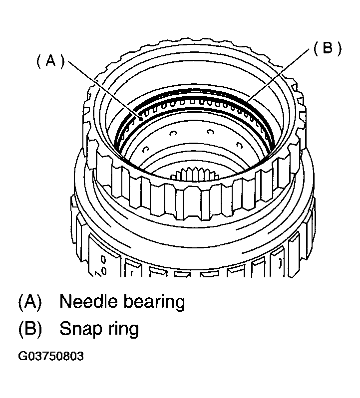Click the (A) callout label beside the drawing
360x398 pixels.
51,61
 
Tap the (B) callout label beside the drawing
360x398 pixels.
327,48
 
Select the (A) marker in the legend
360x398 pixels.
30,302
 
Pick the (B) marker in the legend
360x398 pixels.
30,329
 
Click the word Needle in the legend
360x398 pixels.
87,301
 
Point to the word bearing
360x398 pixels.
154,302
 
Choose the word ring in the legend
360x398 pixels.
123,329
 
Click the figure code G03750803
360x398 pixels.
51,356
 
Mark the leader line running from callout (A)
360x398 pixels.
104,90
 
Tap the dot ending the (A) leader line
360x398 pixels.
140,118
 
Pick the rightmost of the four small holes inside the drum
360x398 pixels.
239,146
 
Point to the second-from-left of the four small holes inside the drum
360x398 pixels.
174,133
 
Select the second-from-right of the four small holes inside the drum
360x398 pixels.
210,132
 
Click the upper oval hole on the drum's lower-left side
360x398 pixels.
103,259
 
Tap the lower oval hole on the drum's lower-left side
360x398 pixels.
103,271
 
